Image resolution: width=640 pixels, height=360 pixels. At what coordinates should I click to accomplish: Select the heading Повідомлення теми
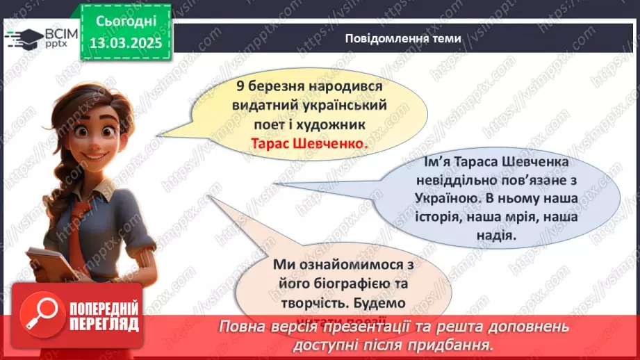402,39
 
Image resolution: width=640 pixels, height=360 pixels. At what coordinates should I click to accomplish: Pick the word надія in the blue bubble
496,236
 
